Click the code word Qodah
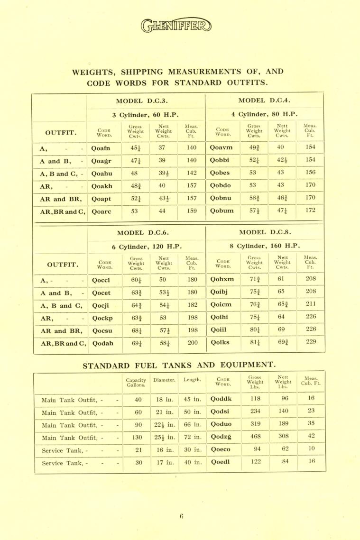point(103,342)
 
